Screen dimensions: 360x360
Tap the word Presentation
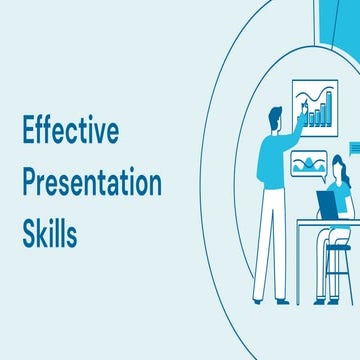(91, 185)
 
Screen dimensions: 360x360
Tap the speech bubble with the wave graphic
(307, 164)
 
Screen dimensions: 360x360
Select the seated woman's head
(338, 165)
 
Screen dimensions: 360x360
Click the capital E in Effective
(29, 134)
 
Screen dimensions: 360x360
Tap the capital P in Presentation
(30, 184)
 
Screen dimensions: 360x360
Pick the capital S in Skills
(30, 236)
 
